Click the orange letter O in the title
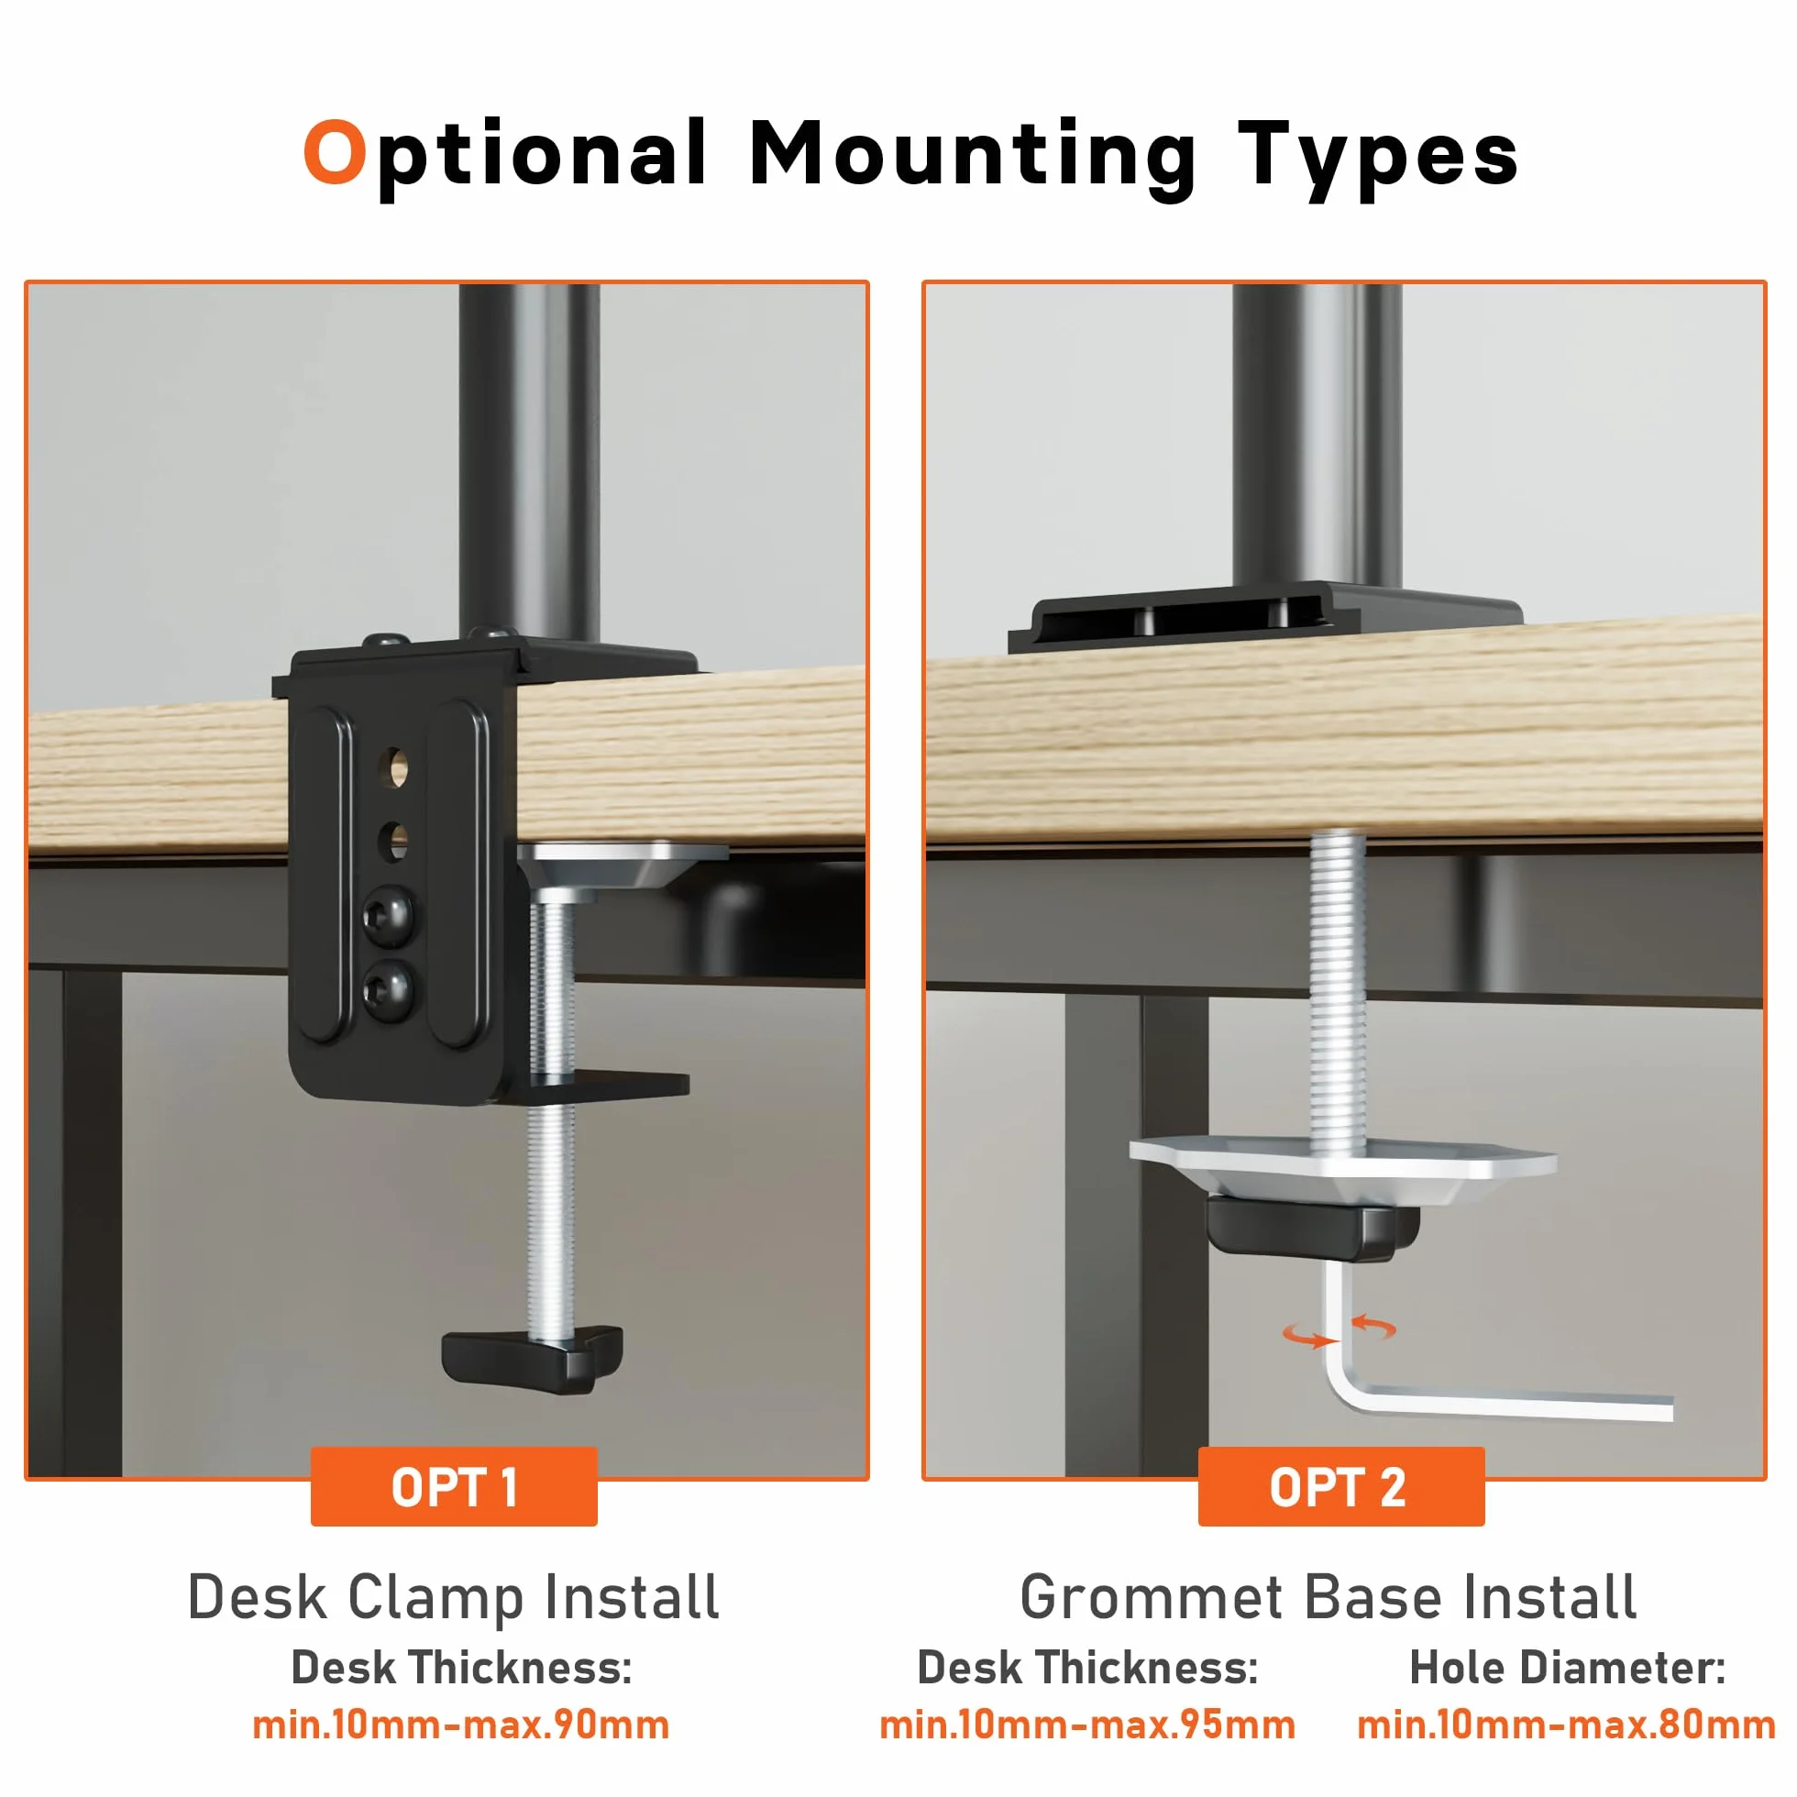335,150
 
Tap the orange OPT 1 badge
454,1487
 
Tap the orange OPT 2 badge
1340,1487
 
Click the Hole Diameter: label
1567,1667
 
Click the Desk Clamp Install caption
454,1597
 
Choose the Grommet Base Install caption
1328,1597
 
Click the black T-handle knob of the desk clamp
533,1362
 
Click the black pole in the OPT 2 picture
1317,437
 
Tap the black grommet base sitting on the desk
1265,618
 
